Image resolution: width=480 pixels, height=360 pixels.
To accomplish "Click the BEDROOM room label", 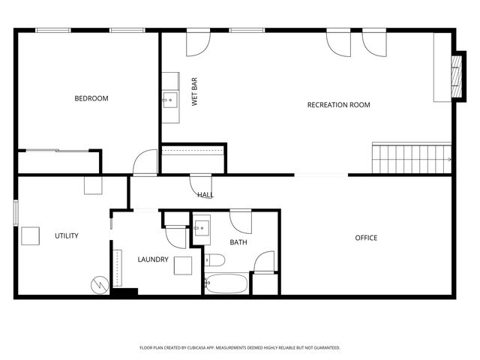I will coord(91,98).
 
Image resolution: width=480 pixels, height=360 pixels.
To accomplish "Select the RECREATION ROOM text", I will coord(338,105).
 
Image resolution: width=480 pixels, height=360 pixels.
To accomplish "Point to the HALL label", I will coord(205,195).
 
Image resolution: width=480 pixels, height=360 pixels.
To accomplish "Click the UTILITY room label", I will coord(66,235).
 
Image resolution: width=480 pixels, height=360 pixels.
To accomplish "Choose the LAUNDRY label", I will coord(152,259).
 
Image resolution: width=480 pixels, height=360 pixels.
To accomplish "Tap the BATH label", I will coord(238,242).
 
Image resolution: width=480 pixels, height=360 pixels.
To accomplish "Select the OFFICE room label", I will coord(366,238).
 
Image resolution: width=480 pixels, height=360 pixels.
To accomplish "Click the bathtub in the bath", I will coord(226,283).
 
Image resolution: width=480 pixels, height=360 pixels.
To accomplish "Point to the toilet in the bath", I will coord(214,261).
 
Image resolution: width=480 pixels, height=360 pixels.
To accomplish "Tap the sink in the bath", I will coord(202,228).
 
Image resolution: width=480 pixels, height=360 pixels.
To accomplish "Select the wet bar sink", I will coord(170,100).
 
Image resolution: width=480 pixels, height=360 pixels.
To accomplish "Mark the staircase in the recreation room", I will coord(412,158).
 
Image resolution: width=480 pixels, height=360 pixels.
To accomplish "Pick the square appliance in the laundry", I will coord(183,265).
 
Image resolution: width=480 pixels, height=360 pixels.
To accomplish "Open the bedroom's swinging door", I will coord(145,163).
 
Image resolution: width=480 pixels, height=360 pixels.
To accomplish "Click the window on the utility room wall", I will coord(16,211).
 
